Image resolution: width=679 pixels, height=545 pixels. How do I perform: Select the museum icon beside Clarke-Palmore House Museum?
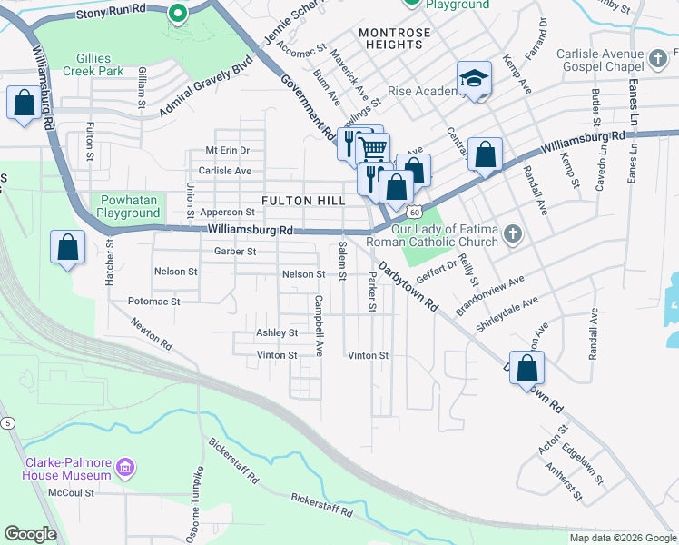[x=126, y=468]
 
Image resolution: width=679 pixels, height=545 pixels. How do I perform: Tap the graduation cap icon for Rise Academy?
[x=474, y=79]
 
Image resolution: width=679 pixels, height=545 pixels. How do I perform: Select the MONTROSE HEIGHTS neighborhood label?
[x=394, y=33]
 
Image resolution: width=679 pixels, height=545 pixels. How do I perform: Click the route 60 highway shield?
[x=413, y=212]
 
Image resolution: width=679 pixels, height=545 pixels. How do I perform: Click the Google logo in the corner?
[x=30, y=534]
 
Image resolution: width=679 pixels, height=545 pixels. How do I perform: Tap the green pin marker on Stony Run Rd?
[x=178, y=12]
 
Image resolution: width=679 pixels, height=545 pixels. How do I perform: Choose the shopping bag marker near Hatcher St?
[x=67, y=247]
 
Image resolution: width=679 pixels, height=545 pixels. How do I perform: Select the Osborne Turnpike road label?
[x=200, y=498]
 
